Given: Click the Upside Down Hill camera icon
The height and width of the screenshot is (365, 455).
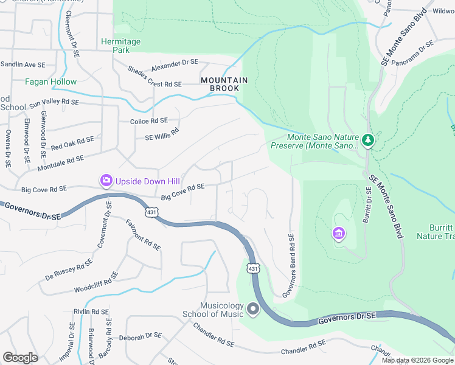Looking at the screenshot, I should click(x=106, y=180).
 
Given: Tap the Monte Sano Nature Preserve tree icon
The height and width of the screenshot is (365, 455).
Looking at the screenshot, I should click(x=367, y=141).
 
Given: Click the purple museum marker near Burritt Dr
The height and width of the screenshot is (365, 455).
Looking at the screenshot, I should click(x=338, y=233).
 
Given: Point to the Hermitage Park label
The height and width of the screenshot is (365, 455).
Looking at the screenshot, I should click(x=121, y=46).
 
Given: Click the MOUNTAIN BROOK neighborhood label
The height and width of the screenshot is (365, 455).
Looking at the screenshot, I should click(x=224, y=84).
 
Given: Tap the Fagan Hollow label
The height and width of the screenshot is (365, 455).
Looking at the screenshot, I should click(x=51, y=82).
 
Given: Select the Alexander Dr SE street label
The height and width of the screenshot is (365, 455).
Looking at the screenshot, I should click(x=175, y=64).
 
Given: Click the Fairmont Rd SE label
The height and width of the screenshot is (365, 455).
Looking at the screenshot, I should click(x=142, y=235).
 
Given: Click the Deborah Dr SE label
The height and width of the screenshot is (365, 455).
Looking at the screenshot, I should click(x=140, y=336).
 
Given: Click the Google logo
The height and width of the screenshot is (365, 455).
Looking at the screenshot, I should click(x=20, y=358).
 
